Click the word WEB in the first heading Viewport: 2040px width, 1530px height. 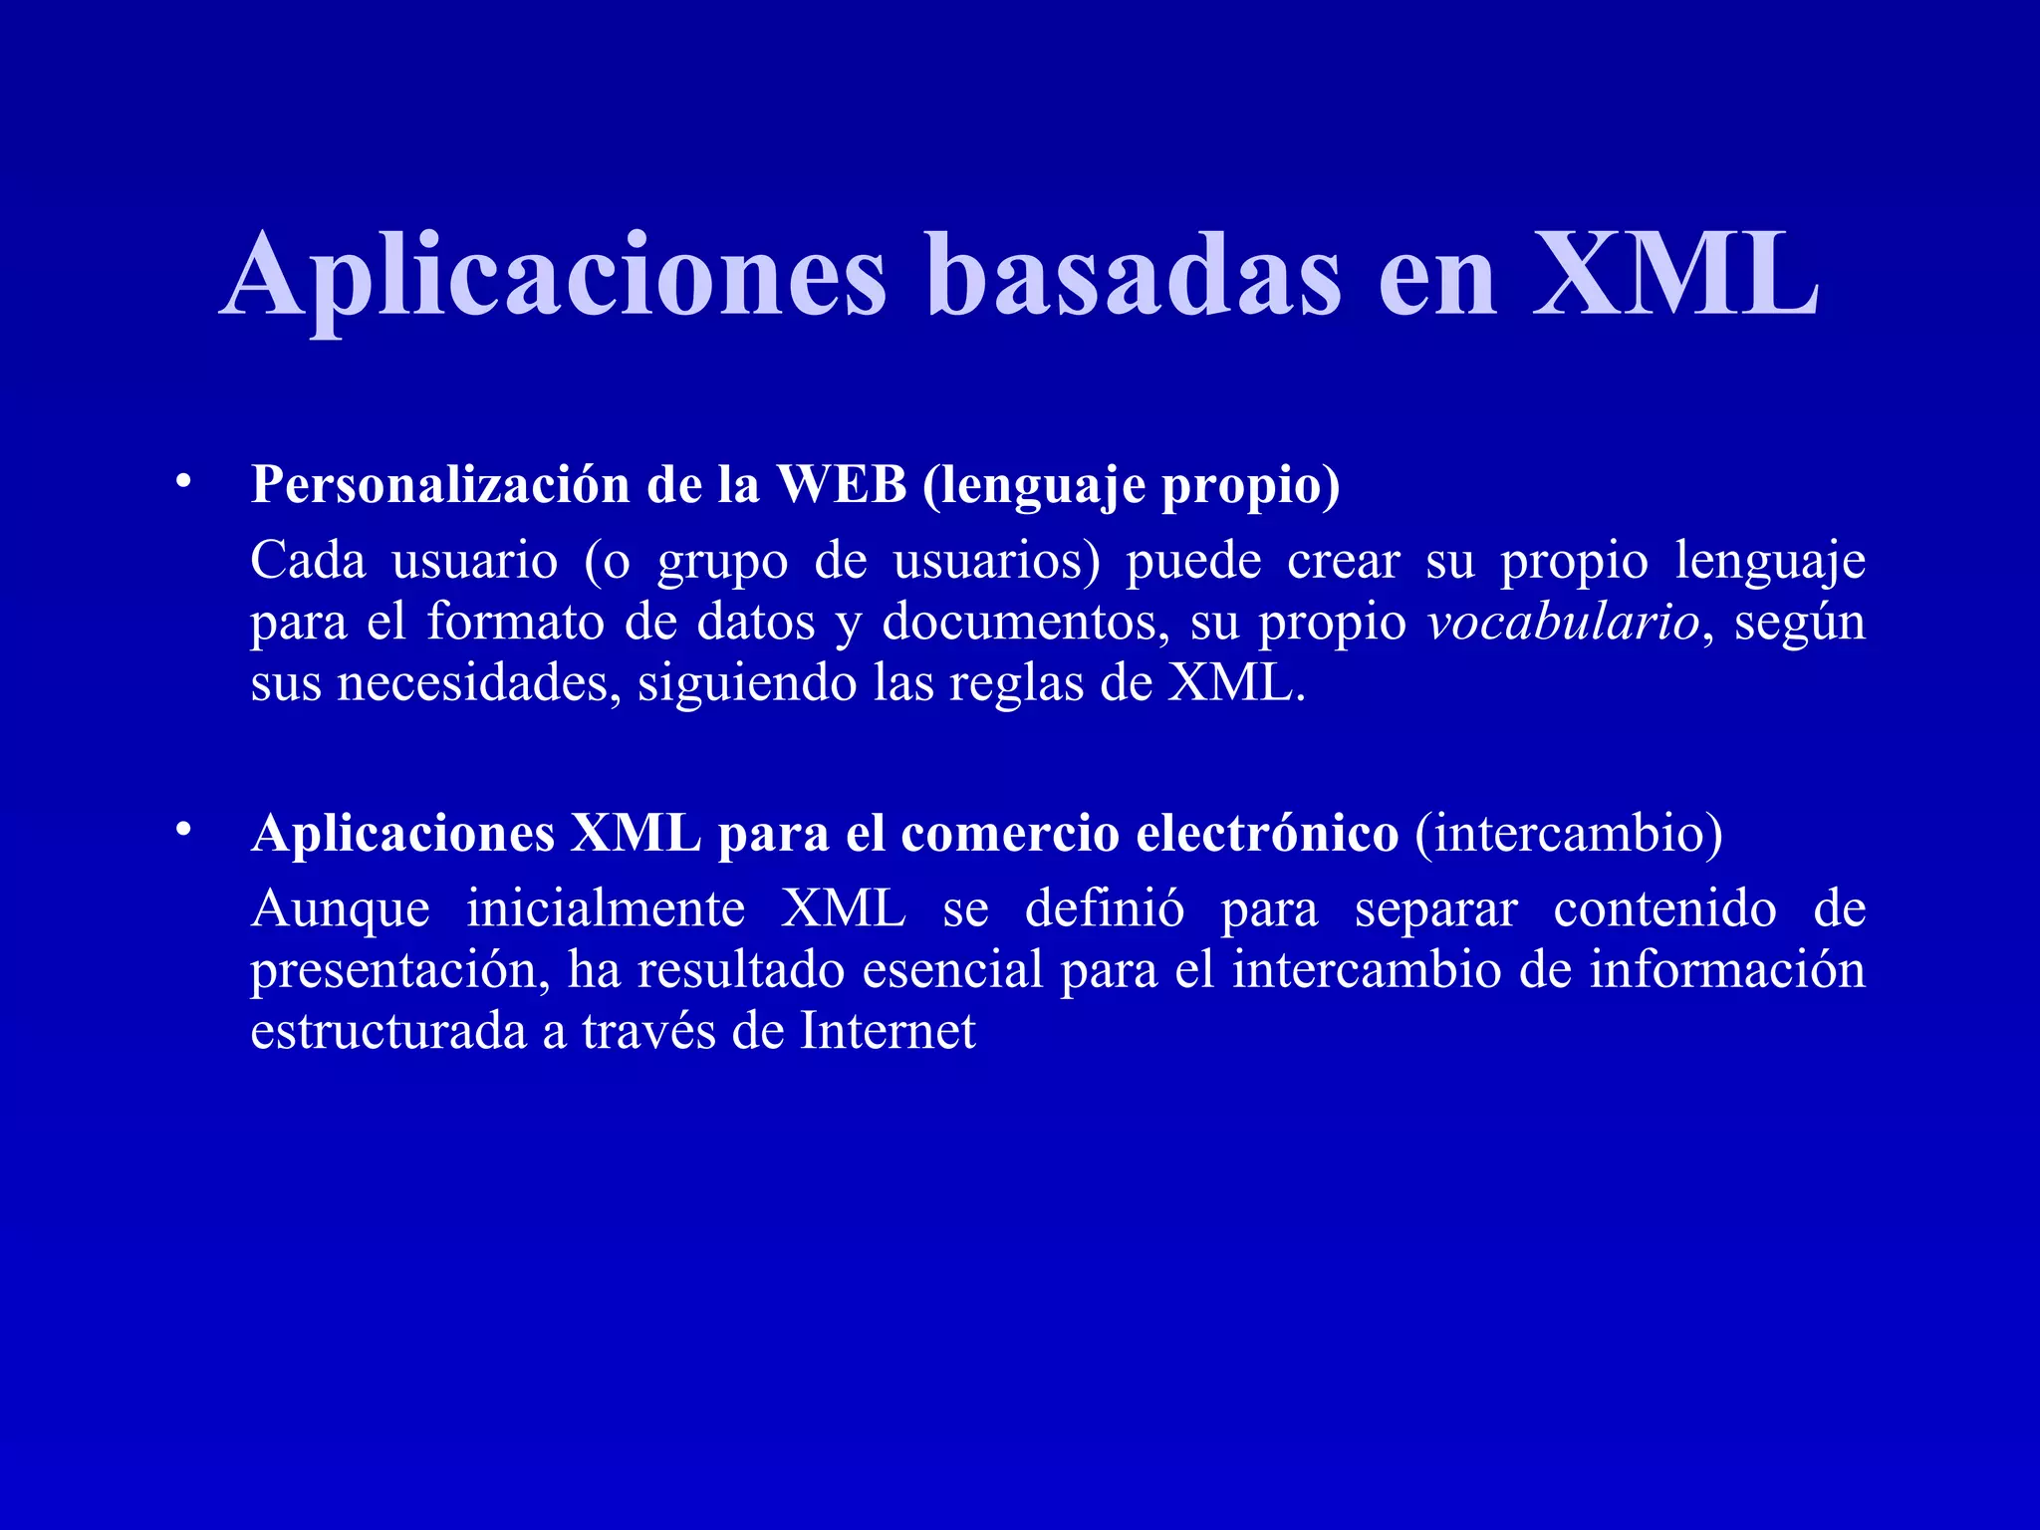click(842, 485)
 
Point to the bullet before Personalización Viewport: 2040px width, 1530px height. click(181, 482)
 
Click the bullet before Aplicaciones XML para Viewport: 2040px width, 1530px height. click(181, 830)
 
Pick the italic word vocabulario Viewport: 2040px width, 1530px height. click(1563, 623)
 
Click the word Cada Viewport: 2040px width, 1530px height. click(308, 560)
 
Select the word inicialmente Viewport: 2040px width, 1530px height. click(606, 908)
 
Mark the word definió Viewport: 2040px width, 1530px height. click(1105, 908)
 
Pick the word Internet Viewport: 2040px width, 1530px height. click(888, 1031)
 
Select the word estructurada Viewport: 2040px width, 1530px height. click(388, 1031)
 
